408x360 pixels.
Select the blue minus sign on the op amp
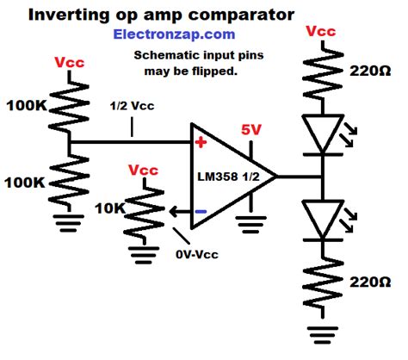point(200,210)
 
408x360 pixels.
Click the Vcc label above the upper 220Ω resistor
point(320,32)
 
